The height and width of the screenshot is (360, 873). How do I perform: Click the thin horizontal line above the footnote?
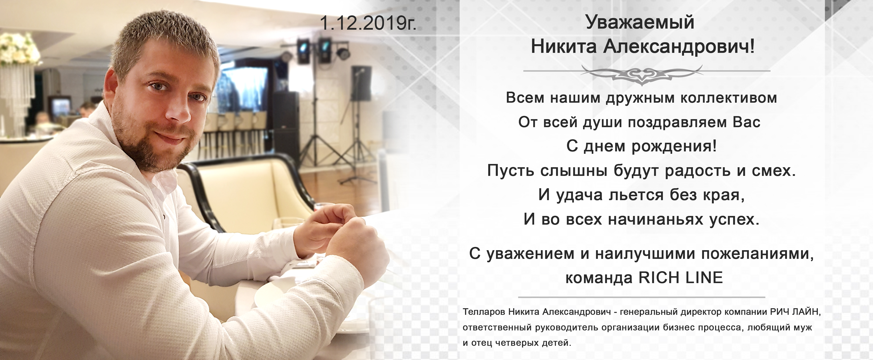tap(642, 297)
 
